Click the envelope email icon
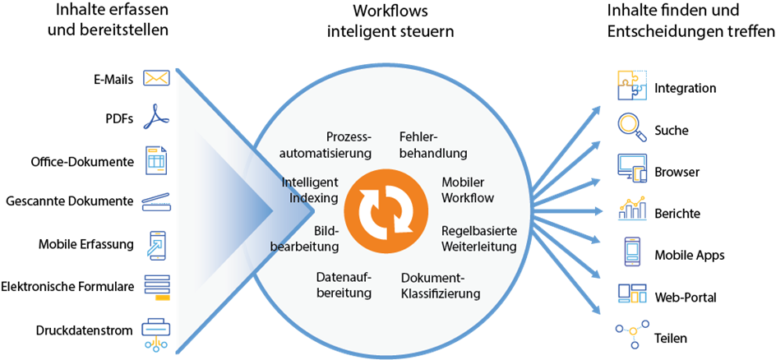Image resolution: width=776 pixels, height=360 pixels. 156,78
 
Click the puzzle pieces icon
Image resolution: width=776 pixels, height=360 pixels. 631,85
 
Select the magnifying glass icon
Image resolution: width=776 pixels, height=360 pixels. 631,127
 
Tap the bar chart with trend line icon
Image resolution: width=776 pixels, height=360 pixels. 631,209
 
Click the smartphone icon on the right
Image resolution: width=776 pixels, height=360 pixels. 631,251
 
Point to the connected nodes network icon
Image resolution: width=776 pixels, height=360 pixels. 631,332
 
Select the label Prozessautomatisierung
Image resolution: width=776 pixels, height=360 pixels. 326,145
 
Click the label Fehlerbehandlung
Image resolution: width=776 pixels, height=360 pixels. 433,145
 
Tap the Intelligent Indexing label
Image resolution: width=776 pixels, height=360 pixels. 309,190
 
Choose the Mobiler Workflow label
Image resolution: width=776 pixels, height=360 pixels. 468,190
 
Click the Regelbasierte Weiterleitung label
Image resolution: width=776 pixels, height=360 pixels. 478,238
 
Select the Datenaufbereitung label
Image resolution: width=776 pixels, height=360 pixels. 344,285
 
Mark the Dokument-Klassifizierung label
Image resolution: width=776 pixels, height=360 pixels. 441,285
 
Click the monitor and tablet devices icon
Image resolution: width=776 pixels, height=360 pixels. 632,168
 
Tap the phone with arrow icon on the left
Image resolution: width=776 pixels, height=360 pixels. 156,245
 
